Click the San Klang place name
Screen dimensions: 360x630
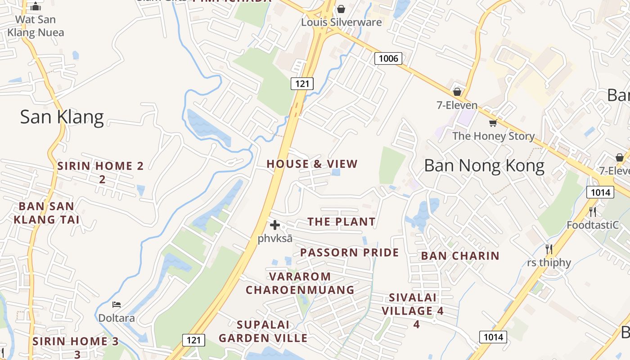62,117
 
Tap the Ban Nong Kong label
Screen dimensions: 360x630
484,166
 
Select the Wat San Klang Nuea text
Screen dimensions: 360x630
36,26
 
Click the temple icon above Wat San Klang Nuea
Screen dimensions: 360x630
36,7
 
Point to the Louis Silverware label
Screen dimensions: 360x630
341,22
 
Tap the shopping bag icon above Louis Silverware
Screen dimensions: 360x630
341,9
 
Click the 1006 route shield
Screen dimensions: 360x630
388,58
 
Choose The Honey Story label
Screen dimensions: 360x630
493,136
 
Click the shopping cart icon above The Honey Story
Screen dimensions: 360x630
493,123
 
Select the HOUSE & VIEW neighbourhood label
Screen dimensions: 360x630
312,164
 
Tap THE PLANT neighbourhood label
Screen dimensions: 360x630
341,221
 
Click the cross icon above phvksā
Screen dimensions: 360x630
274,225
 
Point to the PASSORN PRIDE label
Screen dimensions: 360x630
349,252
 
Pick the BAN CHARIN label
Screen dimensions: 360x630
460,256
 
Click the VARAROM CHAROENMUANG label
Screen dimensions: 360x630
300,283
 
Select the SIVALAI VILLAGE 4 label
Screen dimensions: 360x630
413,310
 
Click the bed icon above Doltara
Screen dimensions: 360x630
117,305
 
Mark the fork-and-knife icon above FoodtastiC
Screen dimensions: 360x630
593,211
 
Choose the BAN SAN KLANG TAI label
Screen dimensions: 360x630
46,213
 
